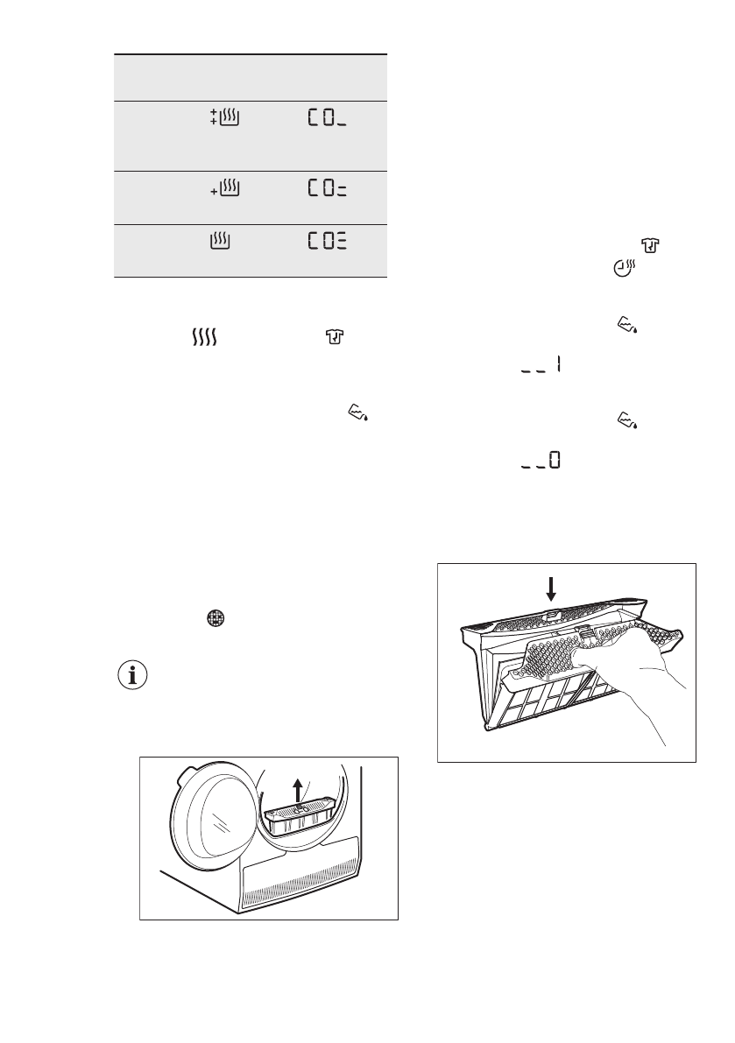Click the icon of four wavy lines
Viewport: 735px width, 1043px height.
point(202,336)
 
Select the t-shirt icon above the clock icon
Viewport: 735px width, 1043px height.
point(649,251)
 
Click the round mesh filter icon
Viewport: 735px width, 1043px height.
point(216,617)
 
